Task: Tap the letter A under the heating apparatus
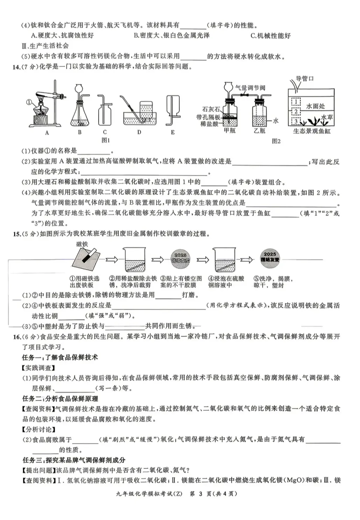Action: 47,133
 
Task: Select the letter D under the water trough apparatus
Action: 139,132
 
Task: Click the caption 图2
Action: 276,141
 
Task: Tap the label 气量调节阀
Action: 250,88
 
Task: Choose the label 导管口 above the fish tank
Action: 305,79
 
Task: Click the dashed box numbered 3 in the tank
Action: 296,121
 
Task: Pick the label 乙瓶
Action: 259,131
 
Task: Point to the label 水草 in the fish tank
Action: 327,117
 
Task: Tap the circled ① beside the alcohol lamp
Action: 29,103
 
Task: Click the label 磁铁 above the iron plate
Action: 82,244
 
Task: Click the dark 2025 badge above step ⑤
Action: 270,257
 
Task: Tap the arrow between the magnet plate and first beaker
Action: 112,259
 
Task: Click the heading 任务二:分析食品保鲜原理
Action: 60,399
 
